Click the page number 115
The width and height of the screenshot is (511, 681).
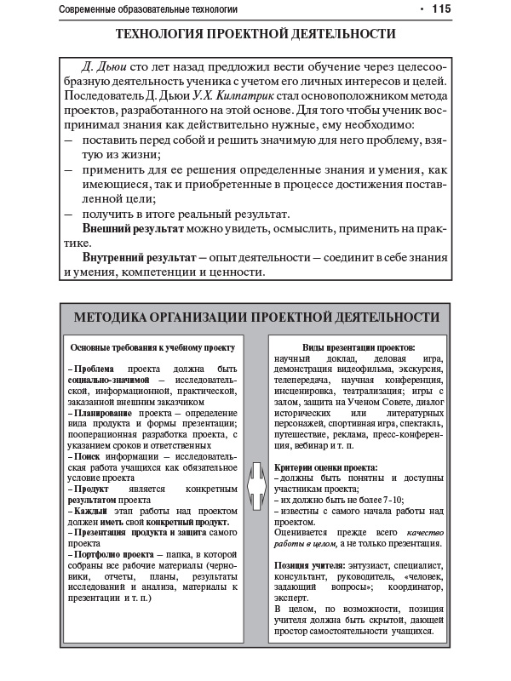[440, 9]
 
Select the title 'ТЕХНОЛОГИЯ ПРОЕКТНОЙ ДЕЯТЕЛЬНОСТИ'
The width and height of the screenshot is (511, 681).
[255, 35]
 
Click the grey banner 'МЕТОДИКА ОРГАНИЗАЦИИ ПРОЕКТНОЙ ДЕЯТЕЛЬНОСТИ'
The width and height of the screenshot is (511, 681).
[256, 317]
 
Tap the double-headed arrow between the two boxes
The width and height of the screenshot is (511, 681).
[255, 491]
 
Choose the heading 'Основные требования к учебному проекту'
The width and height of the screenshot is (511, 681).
[152, 347]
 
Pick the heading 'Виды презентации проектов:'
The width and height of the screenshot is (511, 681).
[359, 347]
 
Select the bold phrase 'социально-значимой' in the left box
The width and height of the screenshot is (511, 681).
[109, 380]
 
